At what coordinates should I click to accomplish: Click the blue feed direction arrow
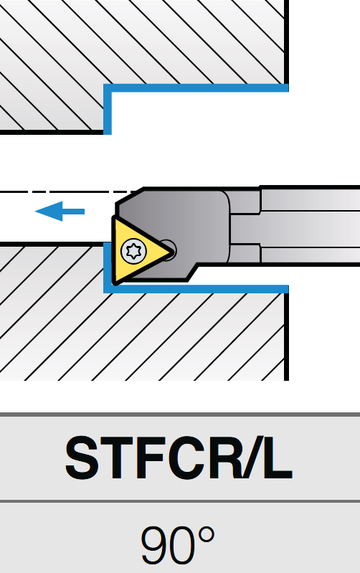click(60, 212)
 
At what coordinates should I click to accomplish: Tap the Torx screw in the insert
click(133, 251)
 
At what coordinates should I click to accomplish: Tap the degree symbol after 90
click(207, 534)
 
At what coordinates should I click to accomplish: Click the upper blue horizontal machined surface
click(196, 87)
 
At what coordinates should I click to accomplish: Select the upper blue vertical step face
click(108, 109)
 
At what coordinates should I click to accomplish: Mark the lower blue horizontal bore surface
click(196, 289)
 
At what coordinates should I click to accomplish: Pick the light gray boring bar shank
click(310, 224)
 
